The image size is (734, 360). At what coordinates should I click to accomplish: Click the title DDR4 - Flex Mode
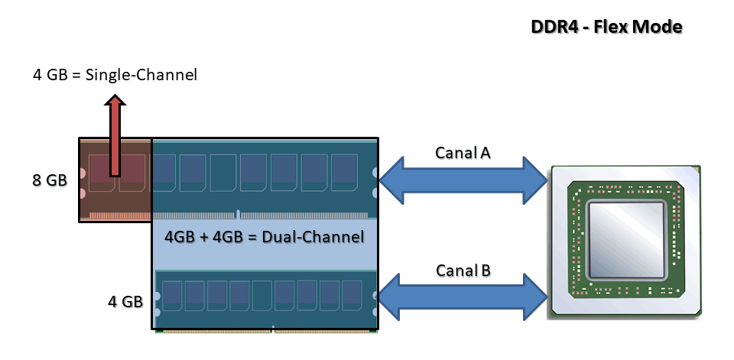coord(606,27)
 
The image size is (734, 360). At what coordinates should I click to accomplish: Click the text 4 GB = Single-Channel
coord(115,75)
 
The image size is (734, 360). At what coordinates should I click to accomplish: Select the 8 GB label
coord(50,180)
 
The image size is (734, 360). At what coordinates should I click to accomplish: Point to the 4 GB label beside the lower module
coord(125,300)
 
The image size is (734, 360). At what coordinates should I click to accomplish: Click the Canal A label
coord(463,152)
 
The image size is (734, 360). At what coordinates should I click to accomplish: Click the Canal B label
coord(463,270)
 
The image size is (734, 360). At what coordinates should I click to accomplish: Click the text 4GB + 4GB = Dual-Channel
coord(264,237)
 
